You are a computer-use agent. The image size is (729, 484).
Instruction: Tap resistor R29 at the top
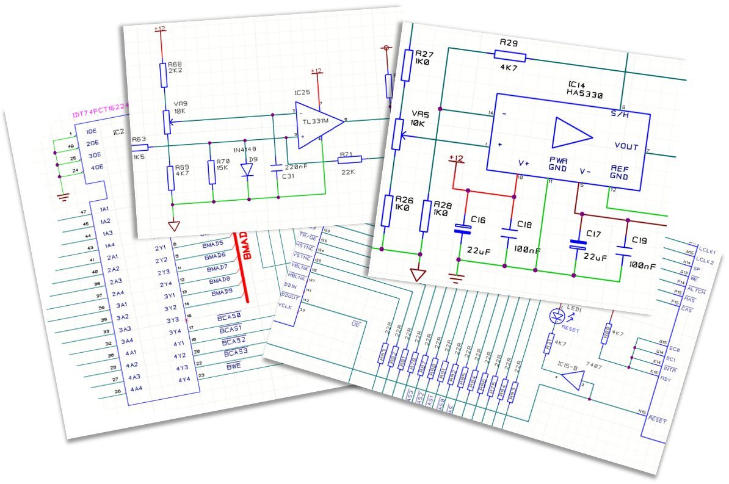click(x=509, y=57)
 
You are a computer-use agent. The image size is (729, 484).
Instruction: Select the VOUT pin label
click(x=626, y=146)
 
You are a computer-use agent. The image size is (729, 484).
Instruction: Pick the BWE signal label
click(x=233, y=367)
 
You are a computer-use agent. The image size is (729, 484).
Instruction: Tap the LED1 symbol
click(x=556, y=315)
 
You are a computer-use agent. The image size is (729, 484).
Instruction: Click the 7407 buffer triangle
click(x=573, y=381)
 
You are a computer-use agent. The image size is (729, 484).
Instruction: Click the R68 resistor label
click(x=175, y=63)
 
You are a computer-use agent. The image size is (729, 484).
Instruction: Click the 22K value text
click(x=349, y=173)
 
